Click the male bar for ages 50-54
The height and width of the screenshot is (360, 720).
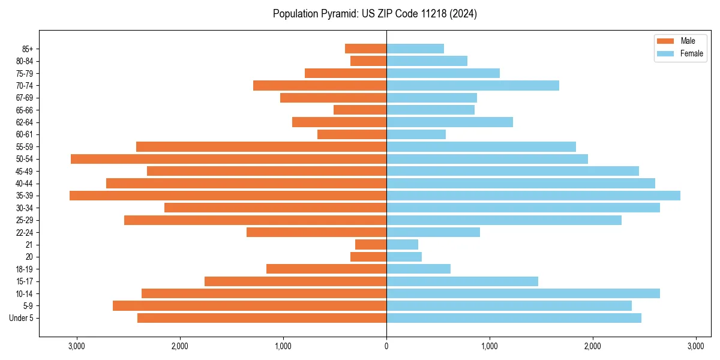click(x=229, y=159)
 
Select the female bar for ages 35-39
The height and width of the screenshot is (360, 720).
click(x=533, y=196)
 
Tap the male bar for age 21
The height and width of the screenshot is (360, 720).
click(x=371, y=245)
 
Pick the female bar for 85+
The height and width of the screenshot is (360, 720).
click(x=415, y=49)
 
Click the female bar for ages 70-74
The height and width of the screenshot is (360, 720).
click(x=473, y=86)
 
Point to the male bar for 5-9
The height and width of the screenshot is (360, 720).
click(x=250, y=306)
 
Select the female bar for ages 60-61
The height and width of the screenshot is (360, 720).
click(x=416, y=134)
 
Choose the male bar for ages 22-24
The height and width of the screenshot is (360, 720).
click(x=316, y=232)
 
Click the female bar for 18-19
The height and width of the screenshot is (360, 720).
click(x=418, y=269)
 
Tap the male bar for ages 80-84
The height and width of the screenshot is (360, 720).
click(x=368, y=61)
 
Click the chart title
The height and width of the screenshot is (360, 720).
click(x=374, y=14)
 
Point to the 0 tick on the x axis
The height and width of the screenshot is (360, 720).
click(x=386, y=346)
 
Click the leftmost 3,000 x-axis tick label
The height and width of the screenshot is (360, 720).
click(x=77, y=346)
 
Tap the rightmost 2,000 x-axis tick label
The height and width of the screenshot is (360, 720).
click(x=592, y=346)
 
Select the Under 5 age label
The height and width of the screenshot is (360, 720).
click(x=21, y=318)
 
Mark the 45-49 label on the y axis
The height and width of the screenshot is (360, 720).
click(x=24, y=171)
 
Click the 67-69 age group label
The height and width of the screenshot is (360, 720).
click(x=24, y=98)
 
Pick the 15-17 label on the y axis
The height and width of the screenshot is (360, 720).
click(x=24, y=281)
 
